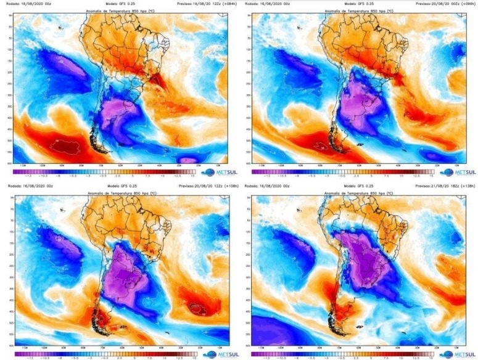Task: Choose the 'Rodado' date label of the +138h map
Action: click(268, 185)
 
